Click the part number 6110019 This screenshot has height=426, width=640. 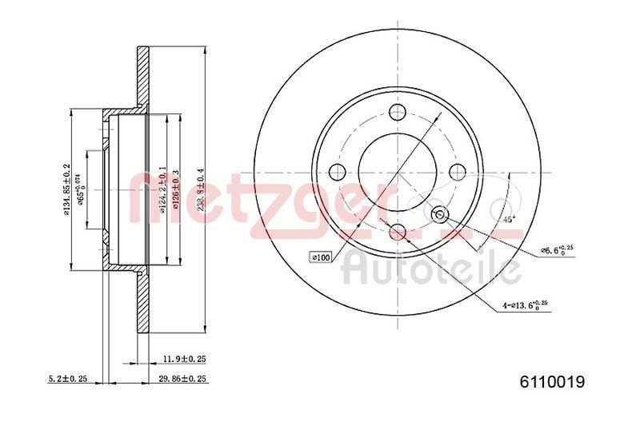552,383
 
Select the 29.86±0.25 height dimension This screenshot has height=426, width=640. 183,379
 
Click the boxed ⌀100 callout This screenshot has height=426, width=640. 321,257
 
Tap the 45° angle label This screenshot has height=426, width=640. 506,218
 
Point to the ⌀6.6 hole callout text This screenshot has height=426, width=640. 557,250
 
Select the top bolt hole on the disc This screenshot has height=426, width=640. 398,112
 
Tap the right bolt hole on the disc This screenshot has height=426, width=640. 458,172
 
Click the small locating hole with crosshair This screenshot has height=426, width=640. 439,214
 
